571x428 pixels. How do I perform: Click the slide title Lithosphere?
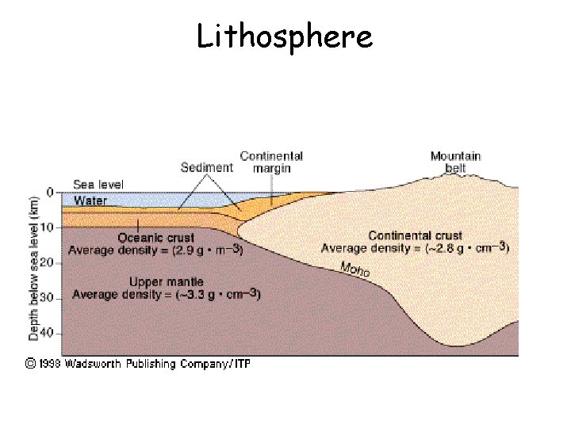(x=285, y=36)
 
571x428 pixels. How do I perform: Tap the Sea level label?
(x=98, y=185)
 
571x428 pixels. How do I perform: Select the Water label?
(x=90, y=201)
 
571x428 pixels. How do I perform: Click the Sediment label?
(x=207, y=167)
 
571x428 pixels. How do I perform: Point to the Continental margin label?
(x=271, y=162)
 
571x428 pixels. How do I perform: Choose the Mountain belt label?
(x=455, y=162)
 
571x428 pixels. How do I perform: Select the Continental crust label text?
(x=415, y=235)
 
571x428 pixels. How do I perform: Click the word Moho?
(x=354, y=269)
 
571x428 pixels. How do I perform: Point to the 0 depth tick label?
(x=50, y=193)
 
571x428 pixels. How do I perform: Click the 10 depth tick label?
(x=48, y=227)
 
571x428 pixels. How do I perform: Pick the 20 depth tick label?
(x=48, y=262)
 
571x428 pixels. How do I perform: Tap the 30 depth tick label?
(x=48, y=298)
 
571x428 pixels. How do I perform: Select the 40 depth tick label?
(x=48, y=333)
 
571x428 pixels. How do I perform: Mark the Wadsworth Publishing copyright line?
(x=136, y=364)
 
